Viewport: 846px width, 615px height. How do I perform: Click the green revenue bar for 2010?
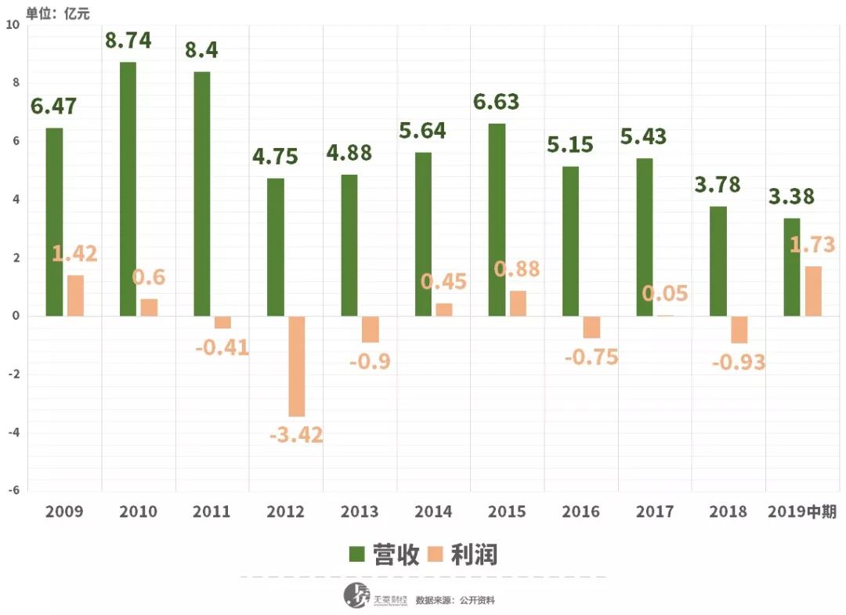point(128,189)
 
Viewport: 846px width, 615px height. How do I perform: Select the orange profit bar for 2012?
point(297,366)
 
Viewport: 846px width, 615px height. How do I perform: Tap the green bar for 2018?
point(718,261)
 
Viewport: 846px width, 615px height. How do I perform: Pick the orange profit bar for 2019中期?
point(814,291)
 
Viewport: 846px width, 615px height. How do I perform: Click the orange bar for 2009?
point(75,295)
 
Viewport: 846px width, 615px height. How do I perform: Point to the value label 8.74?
point(128,41)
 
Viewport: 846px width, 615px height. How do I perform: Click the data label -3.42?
point(296,434)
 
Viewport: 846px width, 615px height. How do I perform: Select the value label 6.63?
point(496,102)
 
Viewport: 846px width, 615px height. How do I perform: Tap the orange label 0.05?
point(665,293)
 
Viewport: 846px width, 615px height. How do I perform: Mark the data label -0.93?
point(739,363)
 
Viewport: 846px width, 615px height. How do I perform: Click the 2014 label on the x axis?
point(433,512)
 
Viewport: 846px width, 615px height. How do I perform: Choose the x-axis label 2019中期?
point(802,512)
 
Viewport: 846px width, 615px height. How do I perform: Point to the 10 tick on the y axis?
point(11,25)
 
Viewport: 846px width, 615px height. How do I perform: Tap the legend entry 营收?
point(385,555)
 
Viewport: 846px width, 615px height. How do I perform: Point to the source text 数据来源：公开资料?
point(455,600)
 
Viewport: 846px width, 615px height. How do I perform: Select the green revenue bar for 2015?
point(496,219)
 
